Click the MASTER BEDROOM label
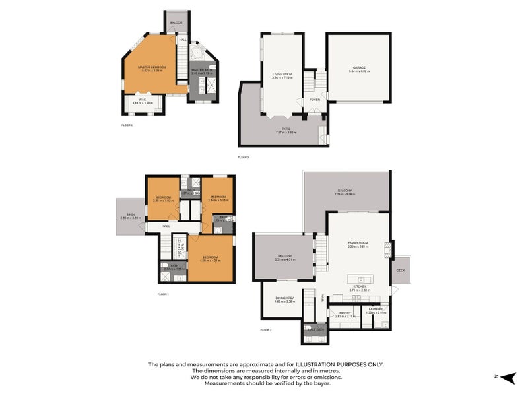[152, 67]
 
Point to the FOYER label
[315, 100]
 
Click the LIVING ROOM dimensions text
[282, 77]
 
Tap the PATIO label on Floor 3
[286, 129]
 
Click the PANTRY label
[344, 313]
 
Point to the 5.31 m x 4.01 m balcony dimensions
[284, 259]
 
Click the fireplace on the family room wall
[388, 249]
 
